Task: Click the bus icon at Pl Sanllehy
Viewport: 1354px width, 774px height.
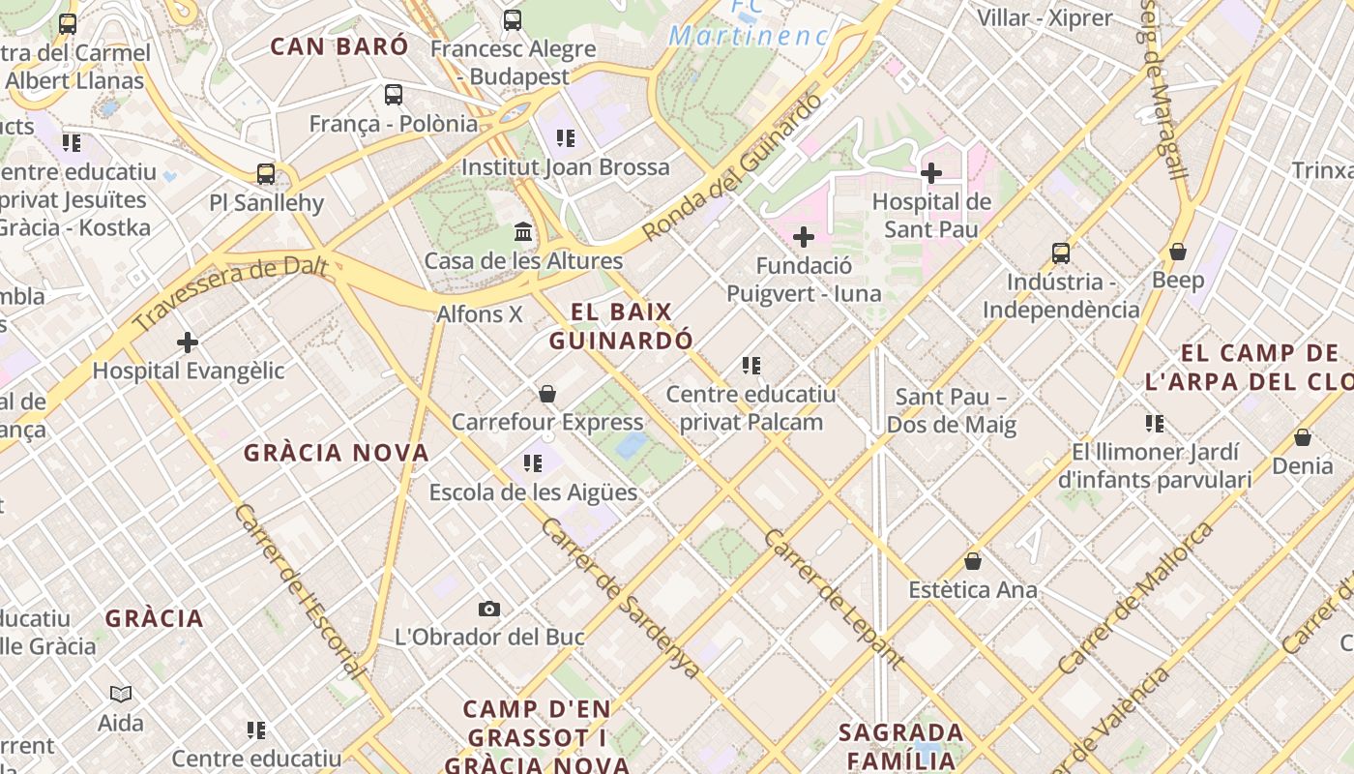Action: click(x=266, y=174)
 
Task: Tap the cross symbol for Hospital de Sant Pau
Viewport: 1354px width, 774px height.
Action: click(x=931, y=173)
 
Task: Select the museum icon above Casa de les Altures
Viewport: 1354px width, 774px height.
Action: click(x=523, y=232)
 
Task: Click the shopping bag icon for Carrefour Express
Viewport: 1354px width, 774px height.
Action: click(x=547, y=394)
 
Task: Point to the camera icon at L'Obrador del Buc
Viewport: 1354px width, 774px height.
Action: click(x=489, y=609)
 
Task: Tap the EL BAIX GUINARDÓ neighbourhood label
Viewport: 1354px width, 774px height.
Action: click(x=621, y=326)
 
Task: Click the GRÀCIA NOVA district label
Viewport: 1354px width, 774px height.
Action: click(x=336, y=453)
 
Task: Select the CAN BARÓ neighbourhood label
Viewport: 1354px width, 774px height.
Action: click(x=339, y=46)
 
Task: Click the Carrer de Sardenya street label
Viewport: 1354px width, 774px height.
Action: click(x=620, y=598)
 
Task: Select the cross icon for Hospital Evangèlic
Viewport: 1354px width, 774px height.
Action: click(x=188, y=342)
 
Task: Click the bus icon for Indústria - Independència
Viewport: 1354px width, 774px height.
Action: click(x=1061, y=253)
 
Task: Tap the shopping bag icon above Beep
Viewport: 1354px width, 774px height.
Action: click(x=1178, y=252)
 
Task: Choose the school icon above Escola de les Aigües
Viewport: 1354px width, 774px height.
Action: click(x=533, y=464)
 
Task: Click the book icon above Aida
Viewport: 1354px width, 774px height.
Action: click(x=121, y=694)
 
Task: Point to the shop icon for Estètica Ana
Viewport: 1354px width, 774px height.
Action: click(x=973, y=561)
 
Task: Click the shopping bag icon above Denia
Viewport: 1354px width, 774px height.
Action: click(x=1303, y=437)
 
